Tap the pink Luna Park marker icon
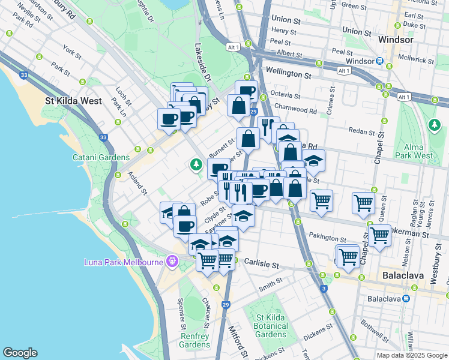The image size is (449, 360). (173, 262)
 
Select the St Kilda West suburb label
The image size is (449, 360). (74, 101)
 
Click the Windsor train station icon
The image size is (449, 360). (380, 61)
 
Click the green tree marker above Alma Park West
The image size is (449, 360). (434, 125)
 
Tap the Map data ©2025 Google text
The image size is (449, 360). (411, 355)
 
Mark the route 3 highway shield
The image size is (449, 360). (324, 289)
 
